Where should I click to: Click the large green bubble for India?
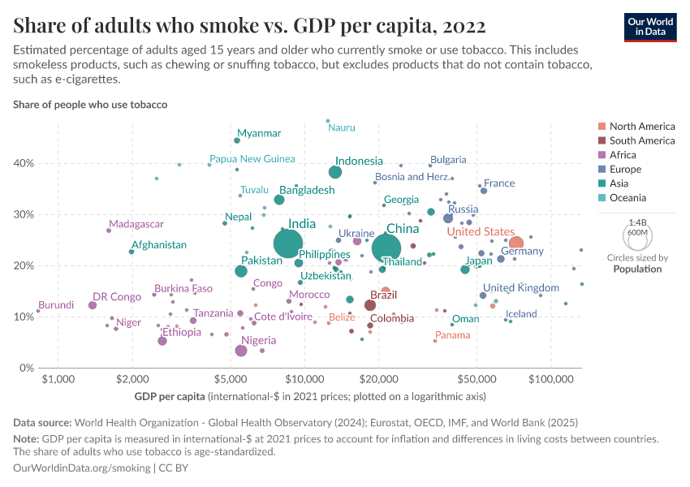288,243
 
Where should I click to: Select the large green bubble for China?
386,248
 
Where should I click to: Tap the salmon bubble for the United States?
515,243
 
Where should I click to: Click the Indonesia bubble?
335,172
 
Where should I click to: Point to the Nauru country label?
342,127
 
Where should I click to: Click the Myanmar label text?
259,133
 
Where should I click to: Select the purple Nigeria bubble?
241,351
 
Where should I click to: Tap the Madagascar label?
136,224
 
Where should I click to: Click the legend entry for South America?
642,140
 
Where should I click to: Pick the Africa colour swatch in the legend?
601,155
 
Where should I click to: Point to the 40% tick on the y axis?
24,163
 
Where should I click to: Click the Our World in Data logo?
649,27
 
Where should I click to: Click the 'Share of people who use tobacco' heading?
90,105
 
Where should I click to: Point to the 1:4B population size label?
637,222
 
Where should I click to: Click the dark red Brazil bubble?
370,305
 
